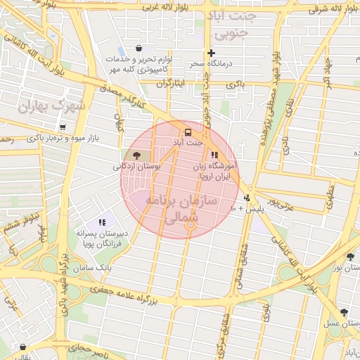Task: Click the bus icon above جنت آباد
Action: pos(188,132)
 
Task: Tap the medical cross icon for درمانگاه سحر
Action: pos(211,53)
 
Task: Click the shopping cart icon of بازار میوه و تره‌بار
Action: pos(63,127)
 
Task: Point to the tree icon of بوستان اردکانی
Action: pos(136,155)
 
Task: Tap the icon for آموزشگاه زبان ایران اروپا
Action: pos(214,155)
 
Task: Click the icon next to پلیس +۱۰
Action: pos(247,198)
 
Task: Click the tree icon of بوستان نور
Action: pos(350,257)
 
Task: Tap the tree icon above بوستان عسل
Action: pos(343,312)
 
